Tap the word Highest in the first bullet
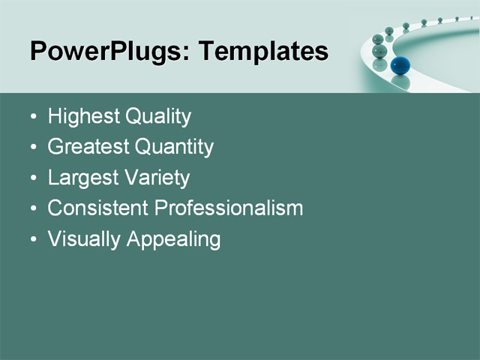click(83, 116)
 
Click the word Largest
click(82, 178)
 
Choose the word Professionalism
click(229, 208)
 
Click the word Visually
click(84, 239)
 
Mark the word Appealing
click(174, 240)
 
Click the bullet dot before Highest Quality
click(33, 118)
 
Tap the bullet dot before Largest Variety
click(33, 179)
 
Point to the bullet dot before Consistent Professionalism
click(33, 209)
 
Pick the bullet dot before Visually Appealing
click(33, 240)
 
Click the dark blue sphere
click(400, 65)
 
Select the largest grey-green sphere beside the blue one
click(380, 51)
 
